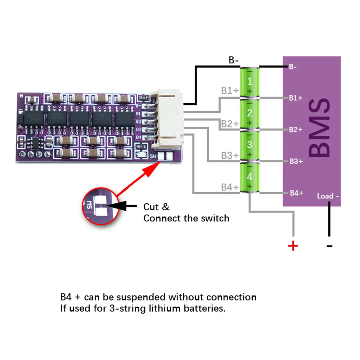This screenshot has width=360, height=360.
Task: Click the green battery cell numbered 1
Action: coord(249,82)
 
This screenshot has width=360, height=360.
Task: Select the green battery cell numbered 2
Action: coord(249,113)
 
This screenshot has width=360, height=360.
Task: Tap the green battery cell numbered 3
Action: coord(249,145)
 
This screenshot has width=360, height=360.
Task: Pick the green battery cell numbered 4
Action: coord(249,177)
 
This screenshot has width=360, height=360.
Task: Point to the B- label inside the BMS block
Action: coord(292,67)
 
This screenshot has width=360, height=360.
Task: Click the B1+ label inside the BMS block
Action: coord(296,98)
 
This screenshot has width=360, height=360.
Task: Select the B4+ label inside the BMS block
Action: coord(296,193)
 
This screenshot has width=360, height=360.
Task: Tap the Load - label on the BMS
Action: coord(328,196)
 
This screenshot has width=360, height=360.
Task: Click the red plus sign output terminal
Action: coord(293,246)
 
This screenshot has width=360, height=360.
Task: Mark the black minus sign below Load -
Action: coord(329,246)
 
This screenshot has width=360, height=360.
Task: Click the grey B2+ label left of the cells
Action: coord(230,124)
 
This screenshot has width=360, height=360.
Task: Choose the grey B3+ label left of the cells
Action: coord(230,156)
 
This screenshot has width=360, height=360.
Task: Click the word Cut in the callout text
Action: coord(152,207)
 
